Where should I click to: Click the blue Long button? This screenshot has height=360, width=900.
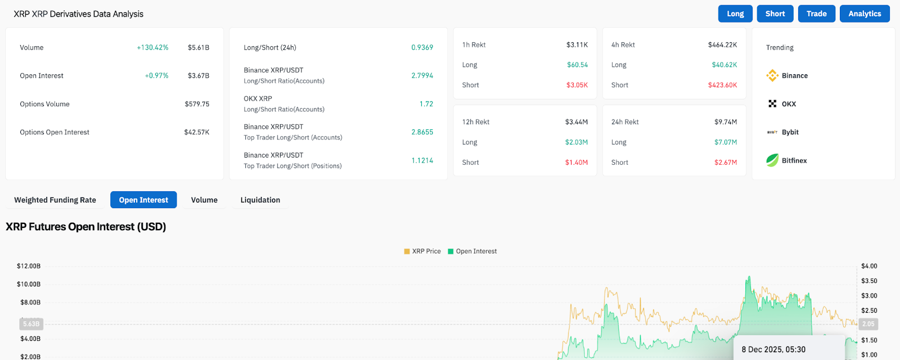(x=735, y=14)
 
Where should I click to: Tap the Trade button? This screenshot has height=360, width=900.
(x=816, y=14)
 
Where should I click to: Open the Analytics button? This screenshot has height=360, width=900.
(x=865, y=14)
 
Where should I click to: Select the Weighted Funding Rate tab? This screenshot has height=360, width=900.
(x=55, y=200)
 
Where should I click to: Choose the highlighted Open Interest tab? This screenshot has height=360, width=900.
(x=143, y=200)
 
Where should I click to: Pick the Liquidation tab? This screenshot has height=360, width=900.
(x=260, y=200)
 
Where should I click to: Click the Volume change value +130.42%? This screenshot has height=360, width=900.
(x=152, y=48)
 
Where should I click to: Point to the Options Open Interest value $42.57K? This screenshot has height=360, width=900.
(x=197, y=132)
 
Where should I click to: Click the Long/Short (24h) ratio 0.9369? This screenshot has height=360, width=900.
(x=422, y=48)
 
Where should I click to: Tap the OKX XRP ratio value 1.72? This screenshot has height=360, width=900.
(x=426, y=104)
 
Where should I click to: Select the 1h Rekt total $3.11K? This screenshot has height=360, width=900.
(x=577, y=45)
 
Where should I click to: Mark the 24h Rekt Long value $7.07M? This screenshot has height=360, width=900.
(x=725, y=142)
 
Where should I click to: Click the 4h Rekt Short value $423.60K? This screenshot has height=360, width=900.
(x=722, y=85)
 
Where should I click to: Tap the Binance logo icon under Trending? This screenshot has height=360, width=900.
(x=772, y=75)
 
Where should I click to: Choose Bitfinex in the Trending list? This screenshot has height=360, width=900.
(x=794, y=161)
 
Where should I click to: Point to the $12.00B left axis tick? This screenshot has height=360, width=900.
(x=29, y=266)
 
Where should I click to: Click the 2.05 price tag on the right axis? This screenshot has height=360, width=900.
(x=868, y=324)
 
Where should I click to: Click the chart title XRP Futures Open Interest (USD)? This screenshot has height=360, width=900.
(x=86, y=227)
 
